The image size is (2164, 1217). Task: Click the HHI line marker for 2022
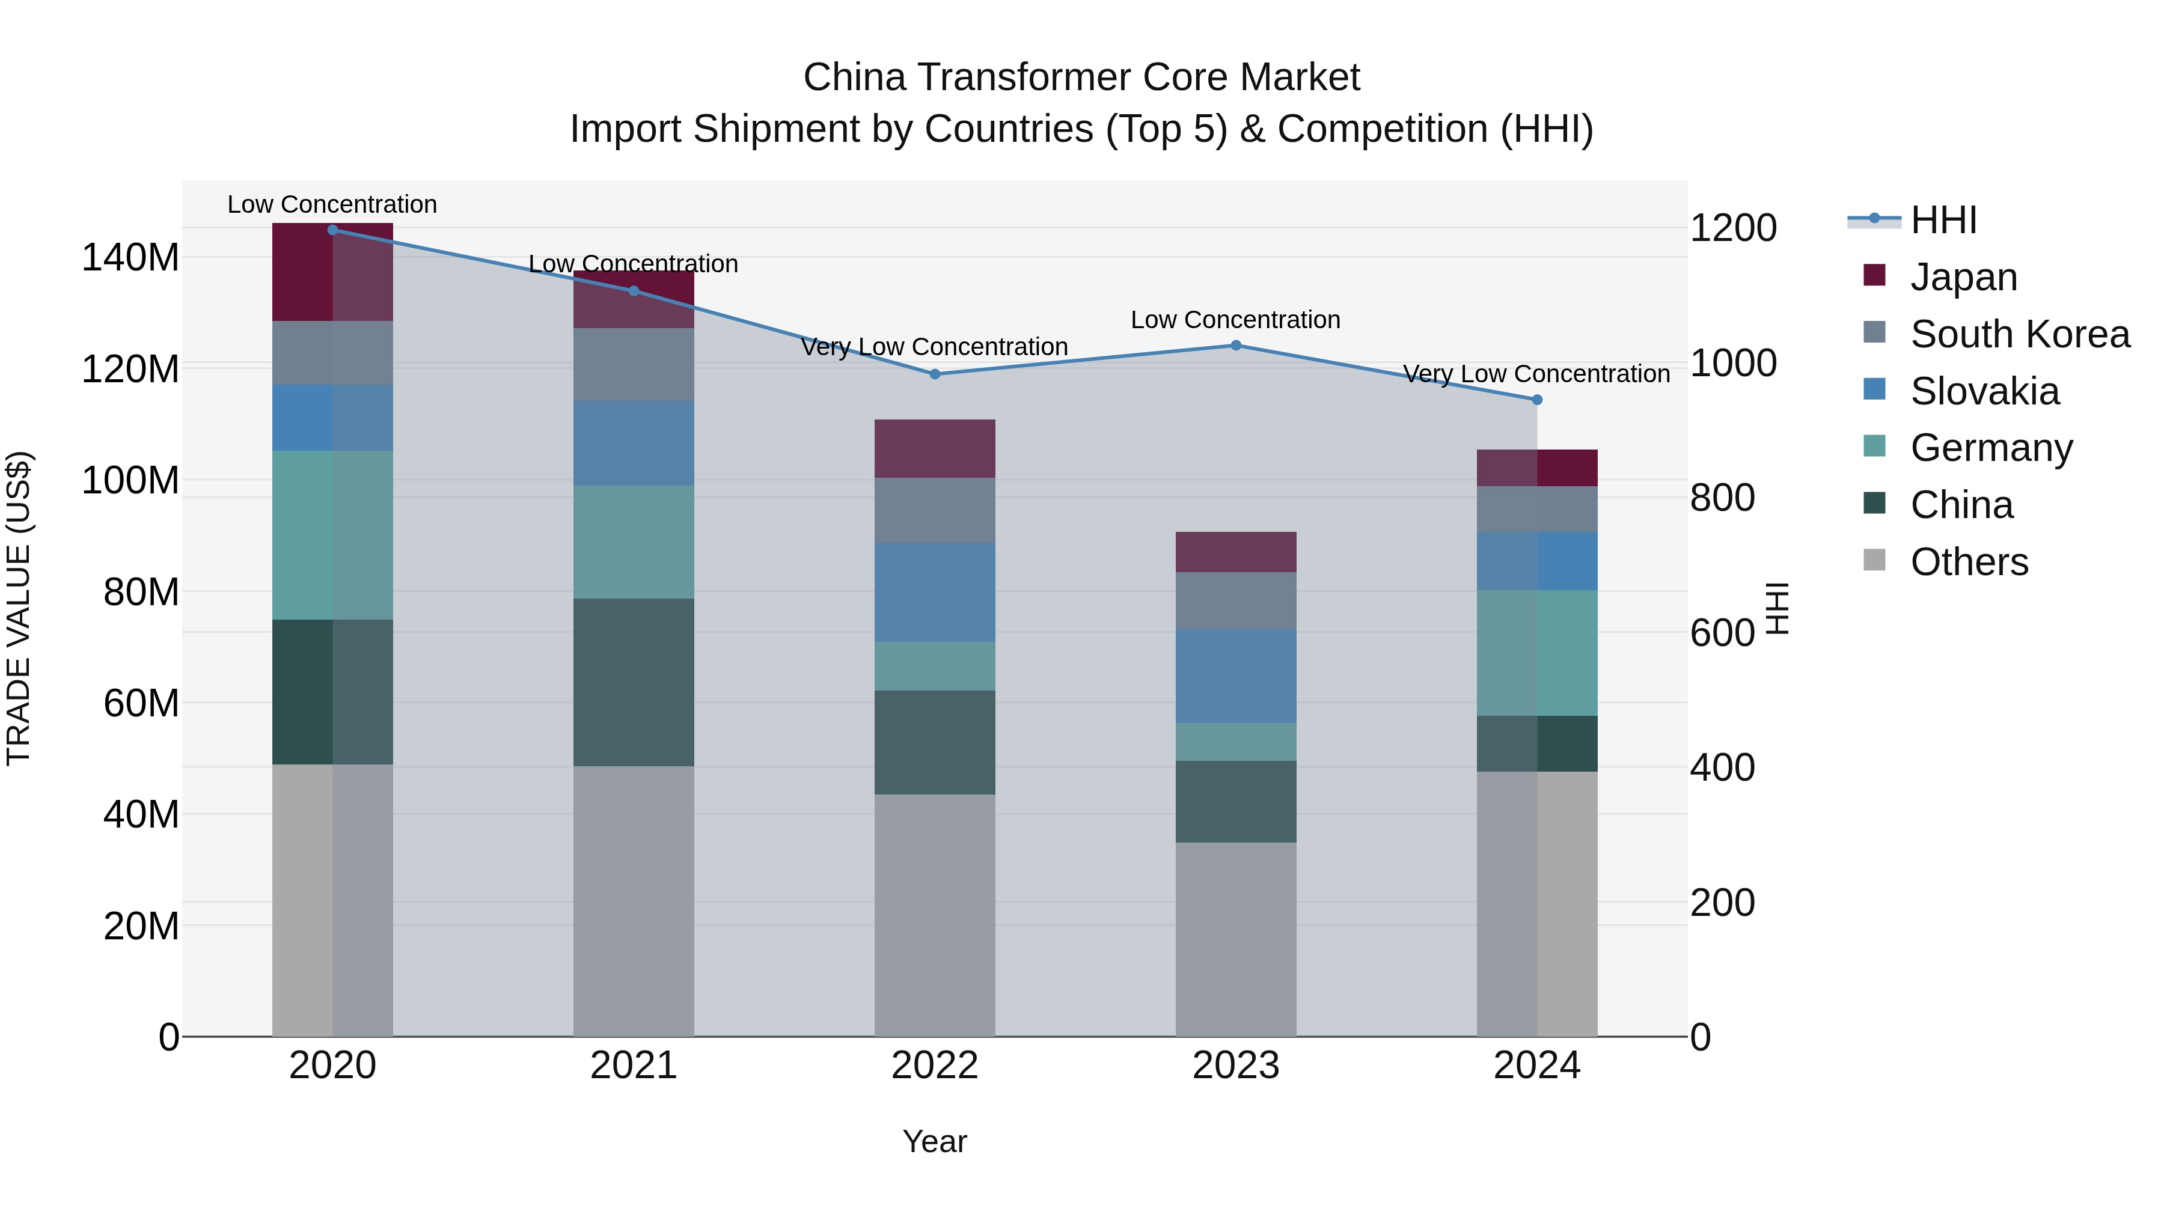pyautogui.click(x=935, y=374)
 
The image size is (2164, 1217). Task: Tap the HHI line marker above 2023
pyautogui.click(x=1236, y=345)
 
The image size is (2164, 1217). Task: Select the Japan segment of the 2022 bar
pyautogui.click(x=935, y=448)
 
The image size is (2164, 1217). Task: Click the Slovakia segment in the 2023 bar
pyautogui.click(x=1236, y=676)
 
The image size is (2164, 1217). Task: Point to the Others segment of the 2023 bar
pyautogui.click(x=1236, y=938)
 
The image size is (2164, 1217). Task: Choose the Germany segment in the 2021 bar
pyautogui.click(x=634, y=541)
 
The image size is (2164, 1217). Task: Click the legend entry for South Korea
pyautogui.click(x=2020, y=334)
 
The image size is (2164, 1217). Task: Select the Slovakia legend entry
pyautogui.click(x=1984, y=391)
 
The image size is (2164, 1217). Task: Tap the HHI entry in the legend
pyautogui.click(x=1943, y=220)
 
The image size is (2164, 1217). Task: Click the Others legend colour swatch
pyautogui.click(x=1874, y=560)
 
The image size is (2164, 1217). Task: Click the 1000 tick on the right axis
pyautogui.click(x=1732, y=364)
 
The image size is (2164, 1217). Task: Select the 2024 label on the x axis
pyautogui.click(x=1536, y=1066)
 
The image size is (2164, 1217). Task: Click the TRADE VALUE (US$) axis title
pyautogui.click(x=19, y=608)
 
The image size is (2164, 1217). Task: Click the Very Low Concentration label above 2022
pyautogui.click(x=934, y=347)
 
